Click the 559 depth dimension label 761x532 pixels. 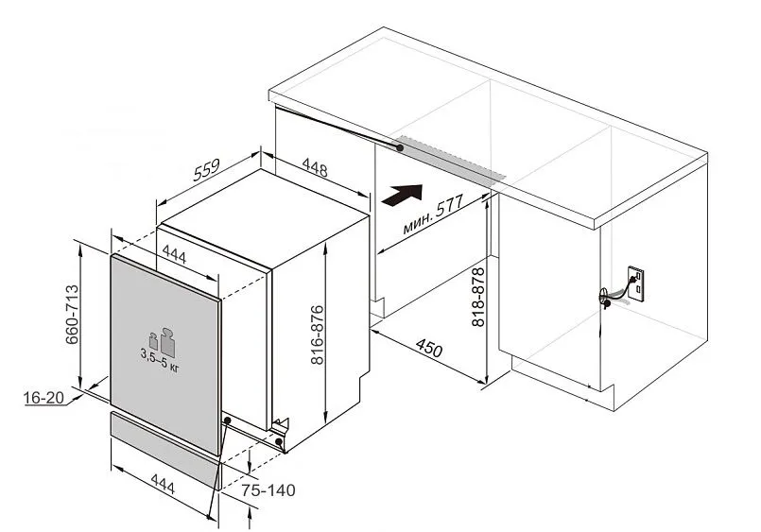tap(206, 170)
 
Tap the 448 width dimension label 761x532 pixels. tap(315, 167)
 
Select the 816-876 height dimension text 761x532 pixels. tap(317, 335)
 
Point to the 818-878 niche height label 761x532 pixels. tap(478, 297)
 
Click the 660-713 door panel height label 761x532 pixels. tap(72, 315)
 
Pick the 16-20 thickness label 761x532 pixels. tap(43, 398)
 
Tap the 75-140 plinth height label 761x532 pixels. tap(268, 490)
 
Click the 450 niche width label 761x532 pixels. tap(429, 348)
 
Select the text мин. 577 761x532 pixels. tap(433, 214)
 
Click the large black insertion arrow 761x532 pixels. tap(403, 195)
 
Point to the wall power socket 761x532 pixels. tap(636, 283)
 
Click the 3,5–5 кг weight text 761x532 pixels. tap(160, 361)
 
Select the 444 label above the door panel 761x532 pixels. tap(174, 254)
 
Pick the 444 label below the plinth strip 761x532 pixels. tap(163, 484)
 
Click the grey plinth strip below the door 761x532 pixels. tap(166, 449)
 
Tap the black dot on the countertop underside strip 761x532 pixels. tap(400, 147)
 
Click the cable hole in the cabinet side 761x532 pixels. tap(604, 297)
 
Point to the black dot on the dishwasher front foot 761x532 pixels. tap(279, 442)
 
